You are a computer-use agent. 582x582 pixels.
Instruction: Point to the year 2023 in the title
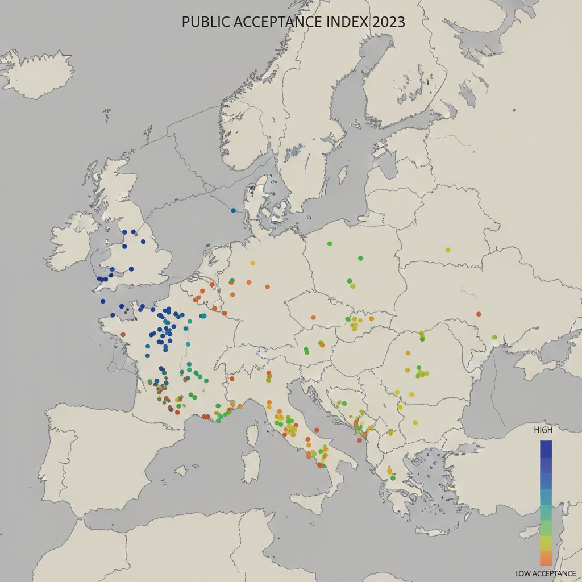388,22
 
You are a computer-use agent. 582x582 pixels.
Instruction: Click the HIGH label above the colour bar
543,430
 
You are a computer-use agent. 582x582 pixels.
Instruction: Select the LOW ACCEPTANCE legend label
545,573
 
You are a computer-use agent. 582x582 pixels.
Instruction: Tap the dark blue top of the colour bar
546,446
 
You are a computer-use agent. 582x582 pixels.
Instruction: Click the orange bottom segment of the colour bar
546,558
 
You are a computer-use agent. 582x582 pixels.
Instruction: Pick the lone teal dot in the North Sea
233,210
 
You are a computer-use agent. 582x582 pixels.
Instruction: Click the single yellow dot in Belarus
448,250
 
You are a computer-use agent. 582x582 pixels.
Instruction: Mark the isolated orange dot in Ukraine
479,314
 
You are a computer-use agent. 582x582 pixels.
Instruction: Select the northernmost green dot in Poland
330,243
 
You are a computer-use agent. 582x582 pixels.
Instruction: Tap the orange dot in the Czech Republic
313,317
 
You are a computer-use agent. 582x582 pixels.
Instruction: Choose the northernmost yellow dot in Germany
252,263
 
